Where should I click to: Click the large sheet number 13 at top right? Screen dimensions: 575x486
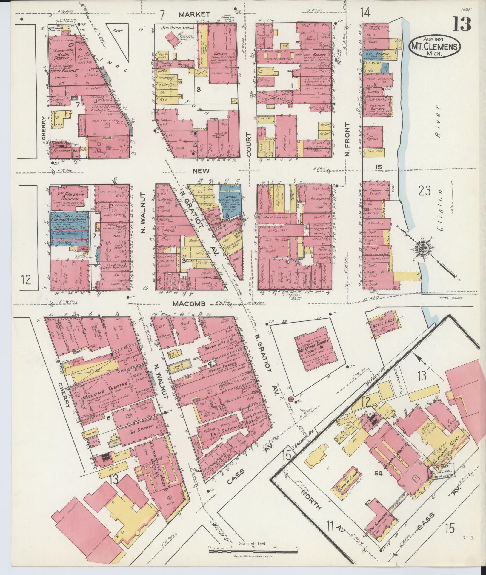(462, 24)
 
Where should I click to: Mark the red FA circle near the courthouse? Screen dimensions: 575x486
(291, 398)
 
